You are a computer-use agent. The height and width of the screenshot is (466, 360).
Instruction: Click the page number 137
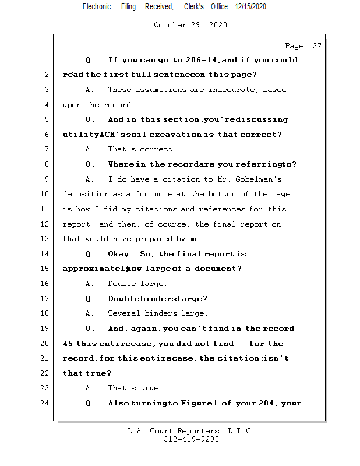coord(313,46)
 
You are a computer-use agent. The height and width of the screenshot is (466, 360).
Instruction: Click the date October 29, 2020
coord(190,25)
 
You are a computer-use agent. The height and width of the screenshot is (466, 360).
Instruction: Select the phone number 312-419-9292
coord(191,440)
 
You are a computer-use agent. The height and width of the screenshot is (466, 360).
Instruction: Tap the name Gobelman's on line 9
coord(262,179)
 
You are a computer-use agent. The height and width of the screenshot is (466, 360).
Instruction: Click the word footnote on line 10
coord(156,194)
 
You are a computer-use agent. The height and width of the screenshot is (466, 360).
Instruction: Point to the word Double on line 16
coord(122,284)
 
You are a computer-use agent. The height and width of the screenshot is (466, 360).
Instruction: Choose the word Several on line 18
coord(125,313)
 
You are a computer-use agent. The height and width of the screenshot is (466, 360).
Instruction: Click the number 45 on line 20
coord(68,344)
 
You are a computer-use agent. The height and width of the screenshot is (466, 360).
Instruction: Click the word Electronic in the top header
coord(96,7)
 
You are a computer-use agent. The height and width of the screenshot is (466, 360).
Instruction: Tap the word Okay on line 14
coord(119,254)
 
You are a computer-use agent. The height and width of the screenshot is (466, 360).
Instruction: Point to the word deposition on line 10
coord(86,194)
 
